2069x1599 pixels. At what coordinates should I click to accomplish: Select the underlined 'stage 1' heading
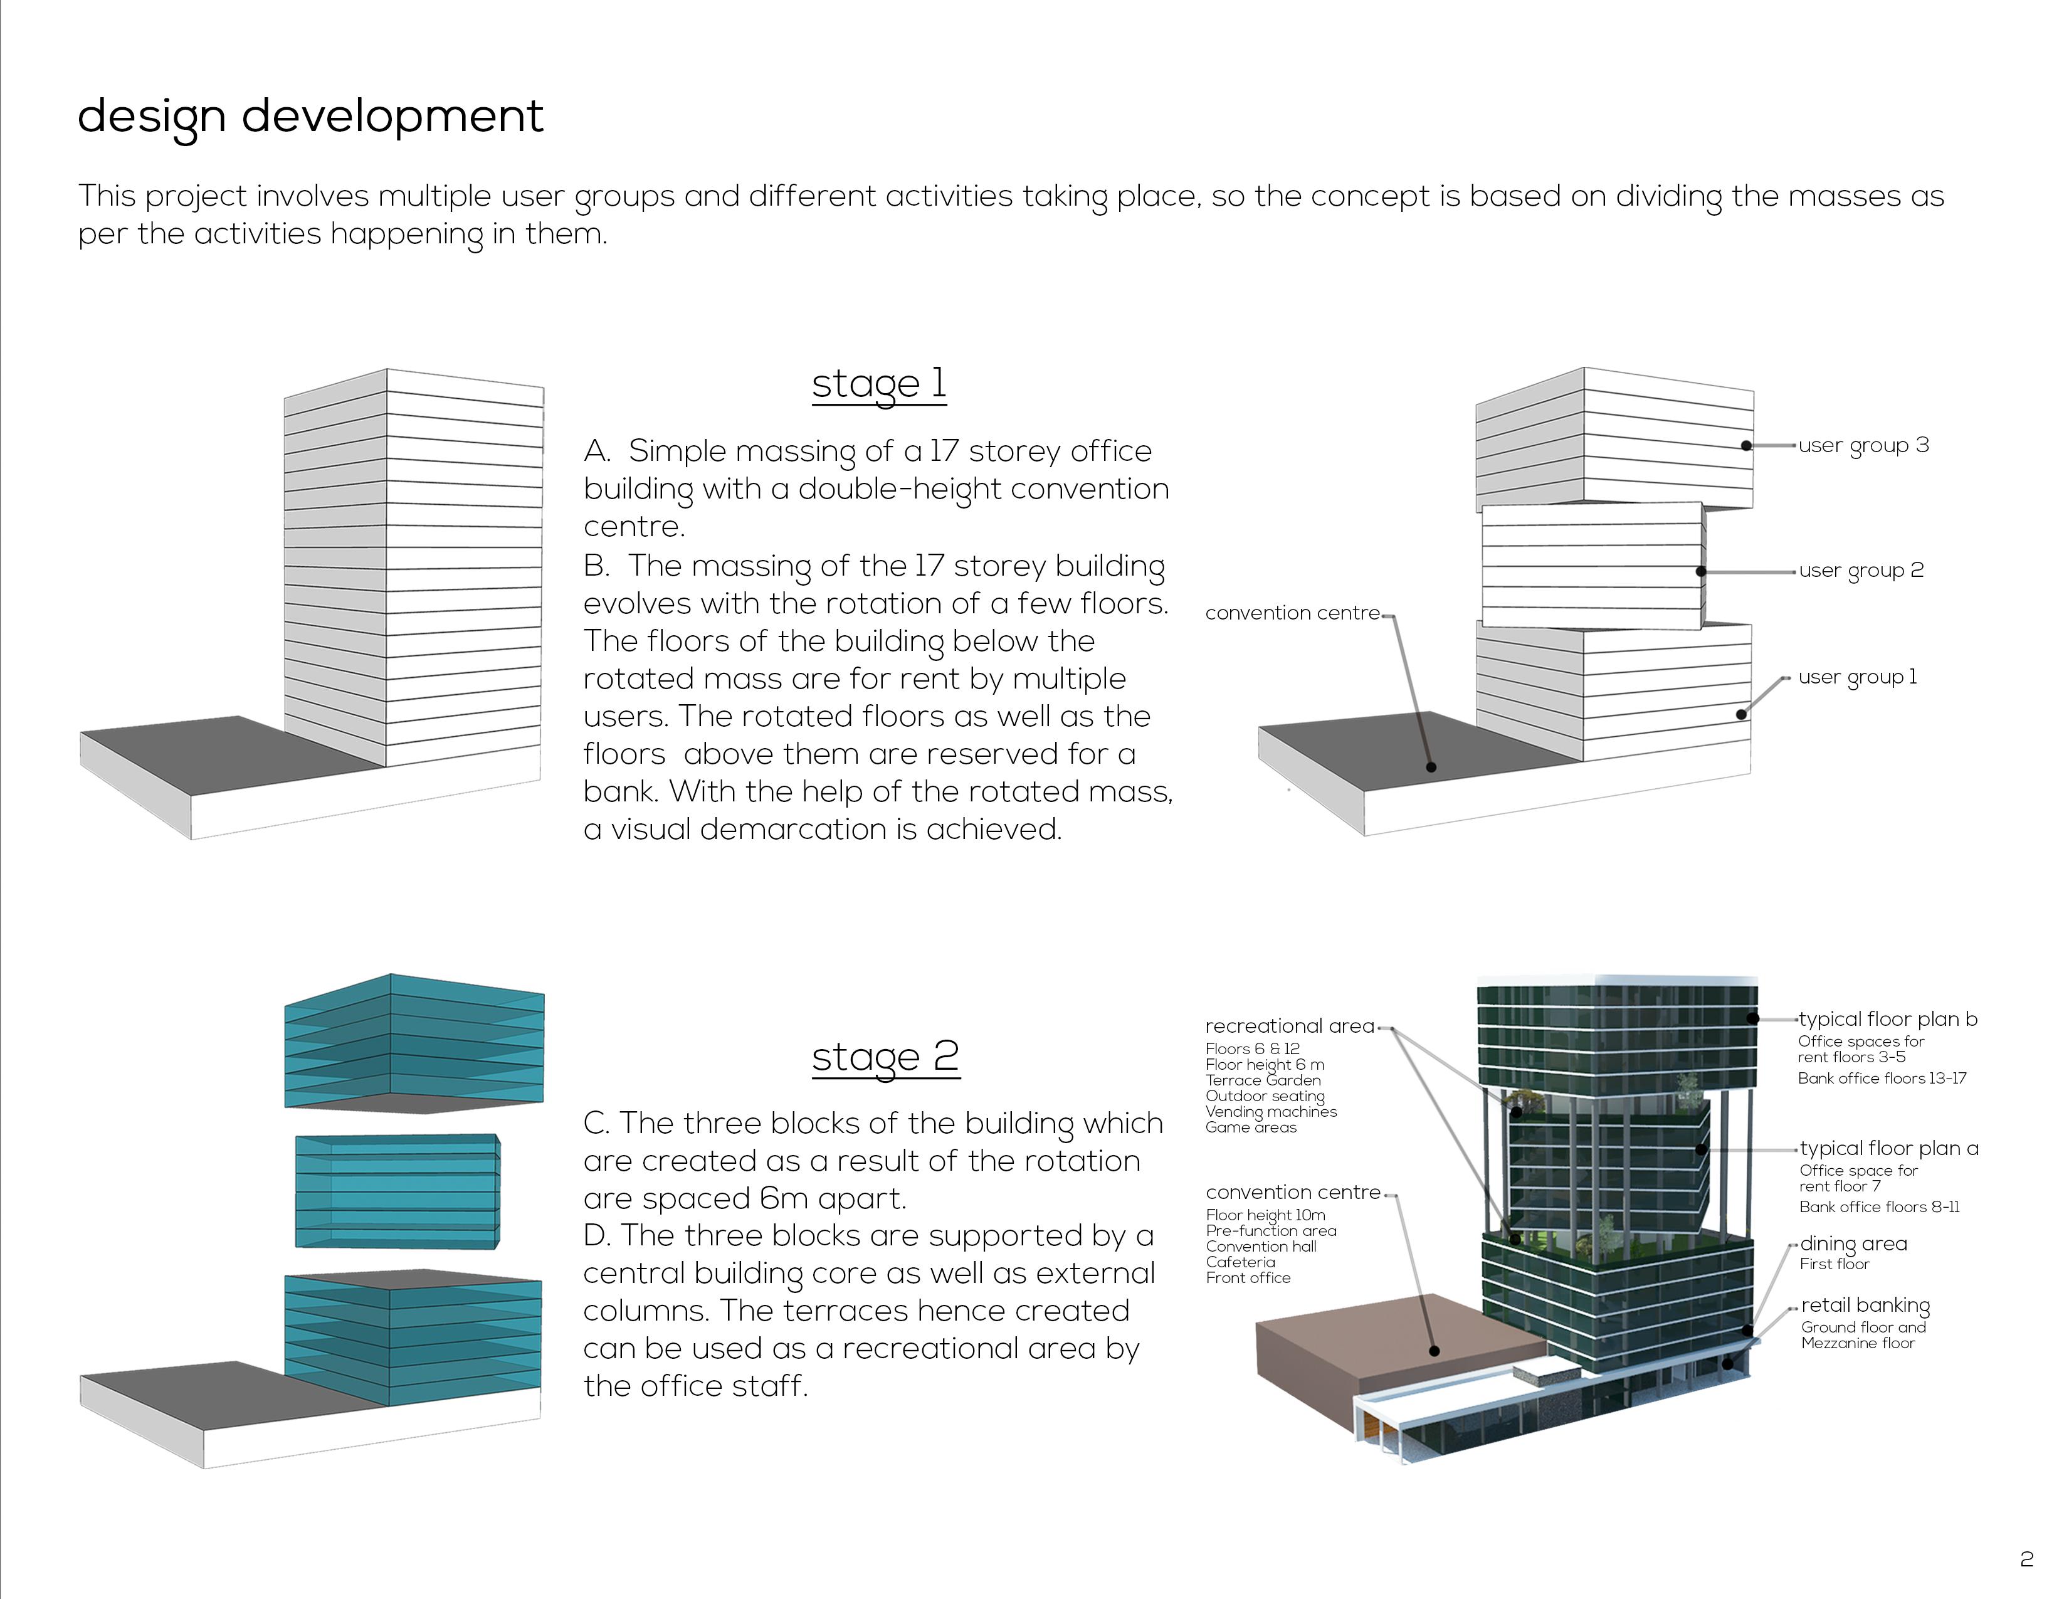(x=878, y=384)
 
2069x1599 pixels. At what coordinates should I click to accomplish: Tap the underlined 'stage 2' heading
(x=885, y=1056)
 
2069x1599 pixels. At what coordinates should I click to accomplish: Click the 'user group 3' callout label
(x=1863, y=445)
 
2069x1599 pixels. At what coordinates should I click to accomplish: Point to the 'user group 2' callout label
(x=1861, y=570)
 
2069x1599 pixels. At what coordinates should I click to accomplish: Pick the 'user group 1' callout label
(x=1857, y=677)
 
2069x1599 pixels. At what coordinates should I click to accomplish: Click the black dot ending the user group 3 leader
(x=1747, y=445)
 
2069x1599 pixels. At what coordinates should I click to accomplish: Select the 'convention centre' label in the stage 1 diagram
(x=1292, y=613)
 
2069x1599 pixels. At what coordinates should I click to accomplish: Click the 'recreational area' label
(x=1289, y=1026)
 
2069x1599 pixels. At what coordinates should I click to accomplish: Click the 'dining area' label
(x=1853, y=1244)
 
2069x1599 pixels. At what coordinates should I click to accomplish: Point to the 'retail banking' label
(x=1865, y=1306)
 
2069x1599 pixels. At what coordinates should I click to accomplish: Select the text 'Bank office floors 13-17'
(x=1882, y=1078)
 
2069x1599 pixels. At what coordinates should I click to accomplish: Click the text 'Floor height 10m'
(x=1266, y=1215)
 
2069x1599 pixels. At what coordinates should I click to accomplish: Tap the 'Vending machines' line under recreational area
(x=1270, y=1111)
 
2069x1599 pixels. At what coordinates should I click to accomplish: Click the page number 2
(x=2026, y=1559)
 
